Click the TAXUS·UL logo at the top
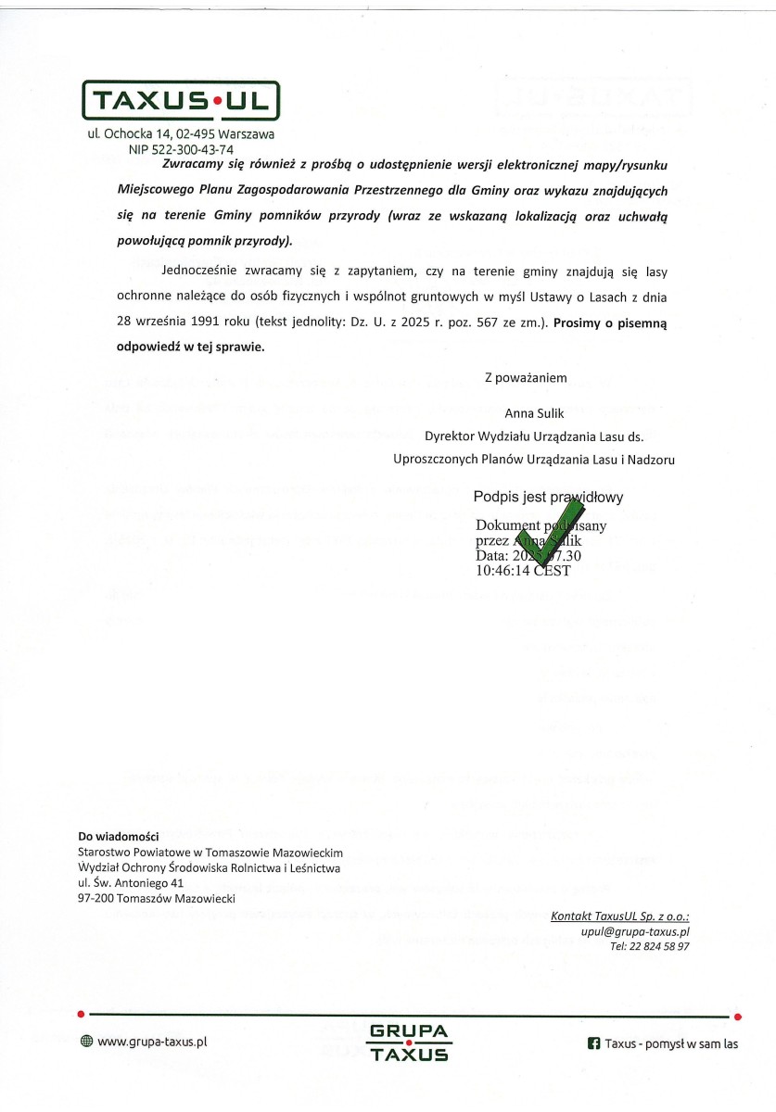pyautogui.click(x=181, y=101)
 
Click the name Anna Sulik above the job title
pyautogui.click(x=527, y=413)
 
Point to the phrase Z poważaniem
pyautogui.click(x=526, y=377)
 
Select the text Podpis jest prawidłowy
pyautogui.click(x=547, y=497)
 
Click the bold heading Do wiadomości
pyautogui.click(x=120, y=837)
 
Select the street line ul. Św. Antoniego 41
pyautogui.click(x=132, y=883)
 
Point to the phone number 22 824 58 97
pyautogui.click(x=659, y=946)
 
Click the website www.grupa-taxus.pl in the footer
pyautogui.click(x=151, y=1041)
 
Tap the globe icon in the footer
pyautogui.click(x=86, y=1041)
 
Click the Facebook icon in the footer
pyautogui.click(x=594, y=1043)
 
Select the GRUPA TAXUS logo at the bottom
pyautogui.click(x=408, y=1042)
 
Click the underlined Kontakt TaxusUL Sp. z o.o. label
pyautogui.click(x=619, y=916)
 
